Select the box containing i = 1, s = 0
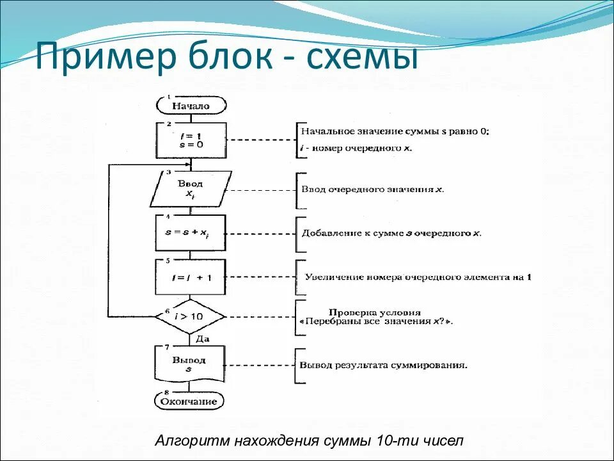pos(191,140)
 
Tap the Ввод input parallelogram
pos(189,190)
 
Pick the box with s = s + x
pos(191,233)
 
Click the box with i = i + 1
pos(191,277)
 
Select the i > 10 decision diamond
pos(190,316)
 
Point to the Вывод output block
pos(190,364)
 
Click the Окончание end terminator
pos(190,402)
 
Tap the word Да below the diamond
pos(202,339)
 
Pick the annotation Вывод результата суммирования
pos(383,366)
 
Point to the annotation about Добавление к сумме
pos(390,233)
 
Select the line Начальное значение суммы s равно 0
pos(394,132)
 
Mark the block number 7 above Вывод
pos(167,347)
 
